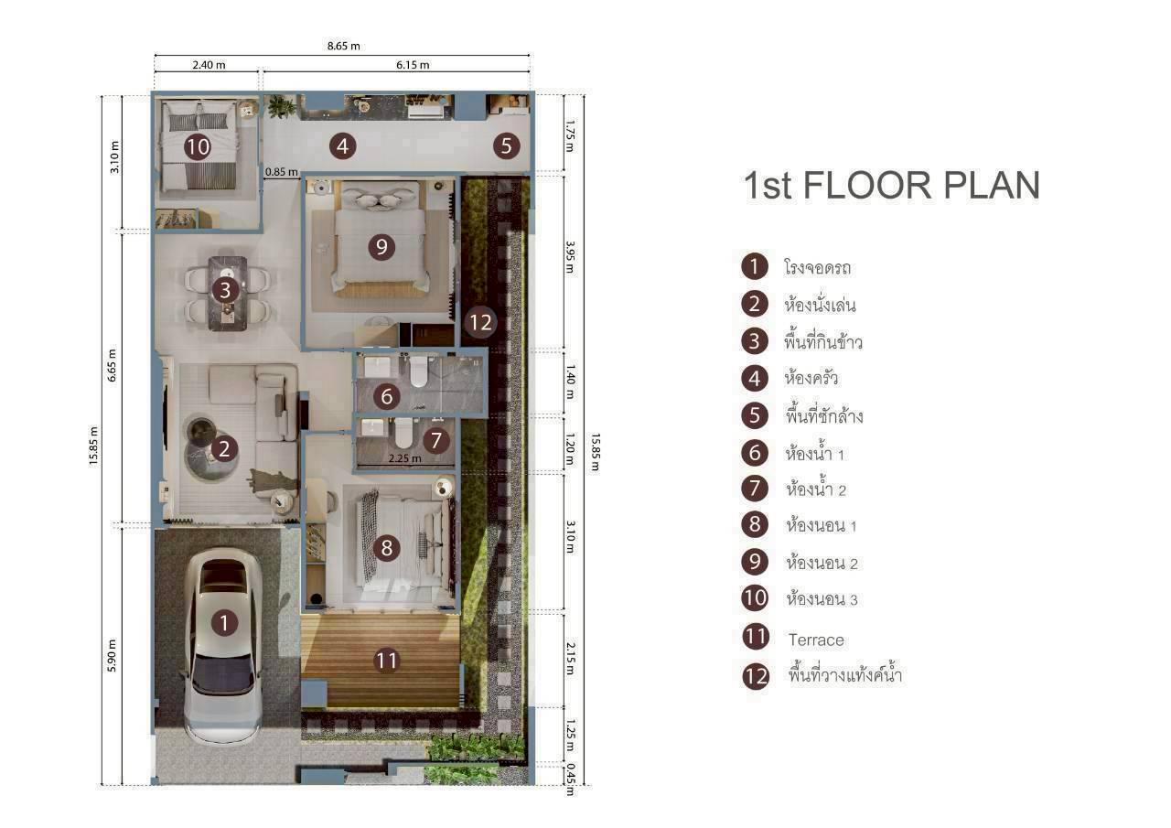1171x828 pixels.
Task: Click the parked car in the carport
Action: click(x=223, y=646)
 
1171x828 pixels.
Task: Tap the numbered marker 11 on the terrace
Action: click(x=387, y=660)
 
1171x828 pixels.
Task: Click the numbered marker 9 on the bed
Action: click(x=381, y=246)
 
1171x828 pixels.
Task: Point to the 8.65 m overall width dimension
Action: click(x=344, y=46)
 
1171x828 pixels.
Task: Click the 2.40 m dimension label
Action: click(x=209, y=65)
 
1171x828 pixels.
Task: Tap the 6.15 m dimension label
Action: click(x=413, y=65)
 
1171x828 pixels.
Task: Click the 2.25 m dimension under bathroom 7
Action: click(x=404, y=458)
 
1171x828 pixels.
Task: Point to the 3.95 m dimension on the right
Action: click(x=569, y=263)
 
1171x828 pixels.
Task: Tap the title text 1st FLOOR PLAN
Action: click(x=891, y=185)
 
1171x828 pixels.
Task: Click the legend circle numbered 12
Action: click(x=756, y=676)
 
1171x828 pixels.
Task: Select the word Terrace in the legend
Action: click(x=816, y=640)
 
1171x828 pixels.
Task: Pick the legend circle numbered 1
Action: click(x=754, y=267)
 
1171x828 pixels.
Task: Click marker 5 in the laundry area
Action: click(x=506, y=145)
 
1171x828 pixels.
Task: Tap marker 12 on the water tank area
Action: click(x=479, y=322)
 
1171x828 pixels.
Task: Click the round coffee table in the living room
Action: click(x=202, y=434)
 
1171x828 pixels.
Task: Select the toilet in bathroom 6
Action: click(x=419, y=373)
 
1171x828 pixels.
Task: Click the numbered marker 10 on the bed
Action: click(x=197, y=146)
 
